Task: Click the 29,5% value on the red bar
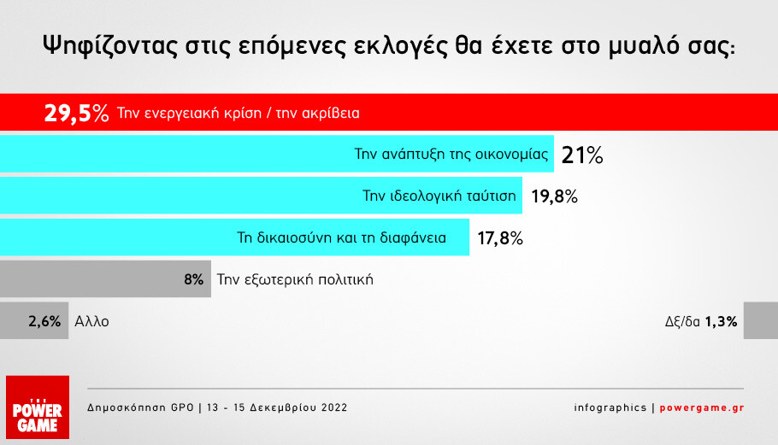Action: click(x=76, y=113)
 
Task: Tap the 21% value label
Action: click(x=582, y=155)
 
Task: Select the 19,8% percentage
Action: click(x=554, y=196)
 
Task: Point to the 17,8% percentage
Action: click(x=500, y=238)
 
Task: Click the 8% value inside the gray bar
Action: click(x=194, y=279)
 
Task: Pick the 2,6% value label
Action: click(x=44, y=321)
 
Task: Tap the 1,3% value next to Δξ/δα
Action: click(x=721, y=322)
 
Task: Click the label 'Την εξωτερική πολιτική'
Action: click(x=295, y=279)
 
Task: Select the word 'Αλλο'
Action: click(x=91, y=322)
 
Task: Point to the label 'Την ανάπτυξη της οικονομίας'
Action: click(x=451, y=154)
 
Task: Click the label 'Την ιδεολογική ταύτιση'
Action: click(x=439, y=196)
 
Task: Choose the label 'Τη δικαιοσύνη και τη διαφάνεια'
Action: click(x=341, y=237)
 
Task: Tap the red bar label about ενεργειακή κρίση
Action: click(x=239, y=113)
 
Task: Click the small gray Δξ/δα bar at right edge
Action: click(x=761, y=320)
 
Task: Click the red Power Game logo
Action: click(x=38, y=407)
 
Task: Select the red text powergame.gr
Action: click(x=702, y=407)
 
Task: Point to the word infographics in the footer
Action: click(x=610, y=407)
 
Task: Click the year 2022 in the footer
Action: click(x=334, y=407)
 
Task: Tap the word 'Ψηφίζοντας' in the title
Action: click(x=110, y=46)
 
